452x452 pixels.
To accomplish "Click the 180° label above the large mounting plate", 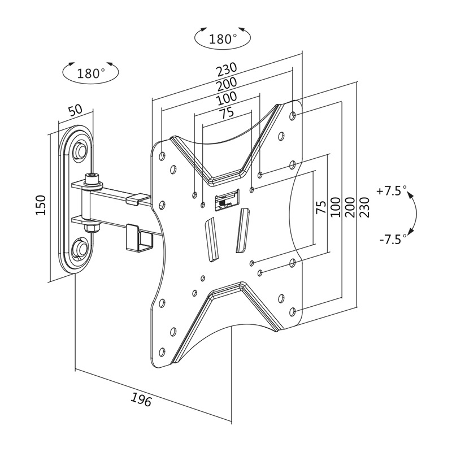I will (222, 39).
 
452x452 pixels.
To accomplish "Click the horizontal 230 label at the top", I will (226, 70).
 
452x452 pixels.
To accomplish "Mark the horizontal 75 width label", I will (227, 113).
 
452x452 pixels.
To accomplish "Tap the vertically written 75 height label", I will (320, 207).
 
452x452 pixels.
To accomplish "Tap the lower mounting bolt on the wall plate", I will (80, 246).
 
